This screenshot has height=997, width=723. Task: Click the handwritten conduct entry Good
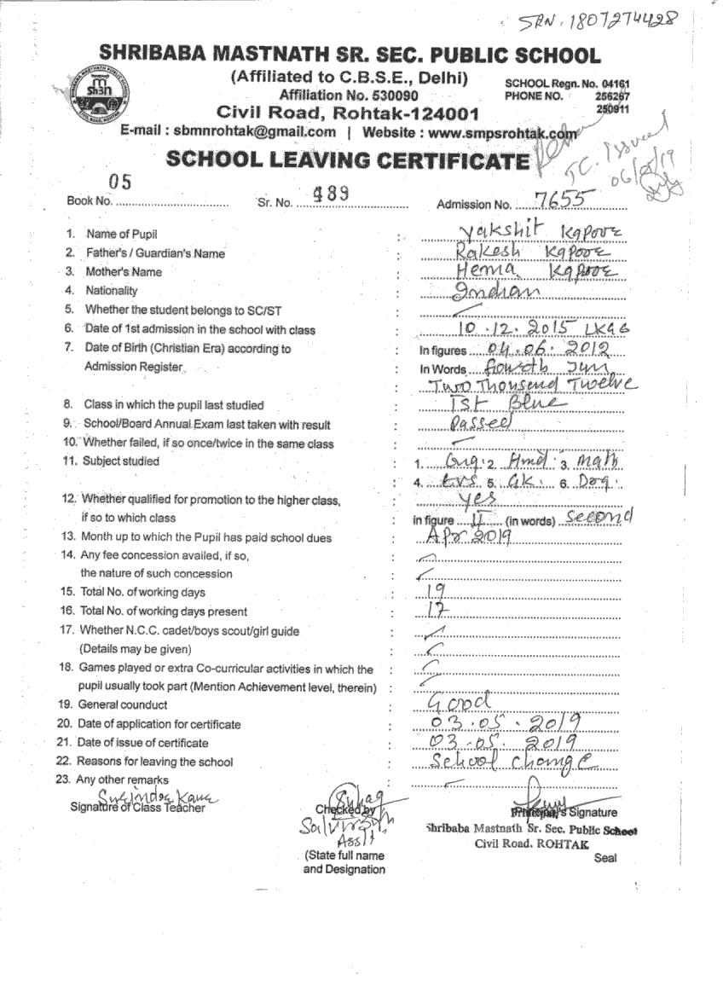(463, 702)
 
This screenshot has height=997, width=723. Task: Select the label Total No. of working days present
(163, 612)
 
